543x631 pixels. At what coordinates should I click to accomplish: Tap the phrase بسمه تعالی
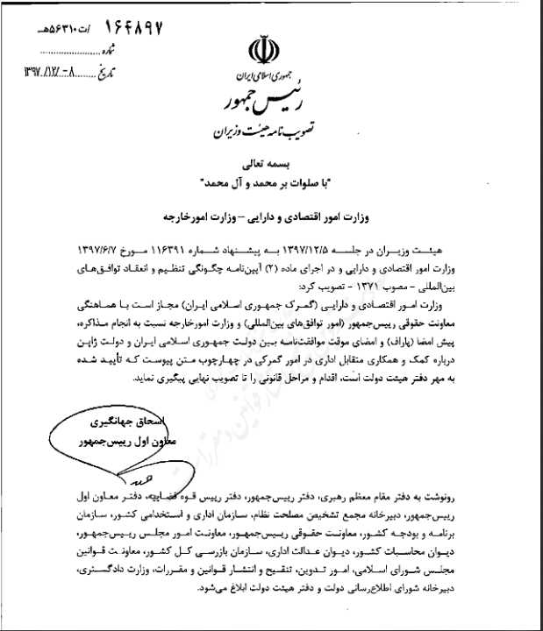click(269, 167)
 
